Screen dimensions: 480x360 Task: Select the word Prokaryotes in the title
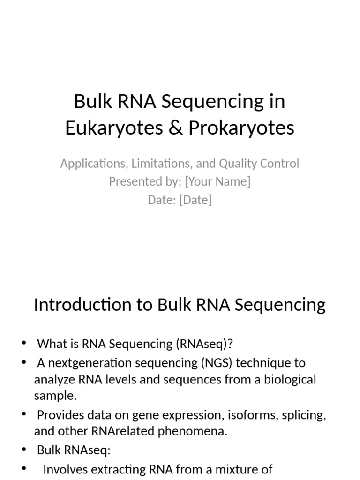click(241, 127)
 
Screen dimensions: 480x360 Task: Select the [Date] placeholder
click(195, 200)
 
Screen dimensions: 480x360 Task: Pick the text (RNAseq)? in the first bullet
click(205, 344)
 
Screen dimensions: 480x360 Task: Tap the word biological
click(285, 379)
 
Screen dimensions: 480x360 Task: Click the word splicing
click(302, 415)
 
